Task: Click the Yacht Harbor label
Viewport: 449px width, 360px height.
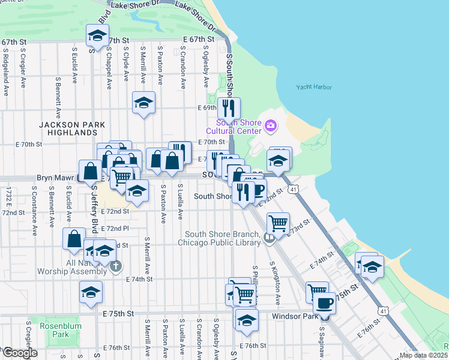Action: coord(314,87)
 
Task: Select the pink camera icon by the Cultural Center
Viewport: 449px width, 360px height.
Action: coord(271,125)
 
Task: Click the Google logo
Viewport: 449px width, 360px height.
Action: coord(19,353)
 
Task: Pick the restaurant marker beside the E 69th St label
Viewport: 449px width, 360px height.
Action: coord(229,108)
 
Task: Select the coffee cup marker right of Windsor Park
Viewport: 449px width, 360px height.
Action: coord(325,304)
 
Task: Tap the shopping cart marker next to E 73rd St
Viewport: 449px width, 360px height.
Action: coord(278,224)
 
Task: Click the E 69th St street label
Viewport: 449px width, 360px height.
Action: coord(206,108)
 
